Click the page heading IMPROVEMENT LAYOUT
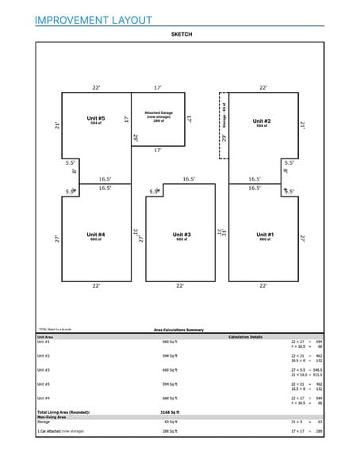click(93, 19)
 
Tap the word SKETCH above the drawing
click(181, 35)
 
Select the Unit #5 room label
click(96, 120)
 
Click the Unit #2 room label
click(262, 122)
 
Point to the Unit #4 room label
click(96, 235)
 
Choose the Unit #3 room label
click(182, 235)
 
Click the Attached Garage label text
click(158, 115)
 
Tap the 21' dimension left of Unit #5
click(57, 125)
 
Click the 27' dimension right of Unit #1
click(303, 237)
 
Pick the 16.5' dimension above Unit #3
click(189, 180)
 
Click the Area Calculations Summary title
click(178, 330)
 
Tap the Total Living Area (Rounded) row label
click(63, 412)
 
